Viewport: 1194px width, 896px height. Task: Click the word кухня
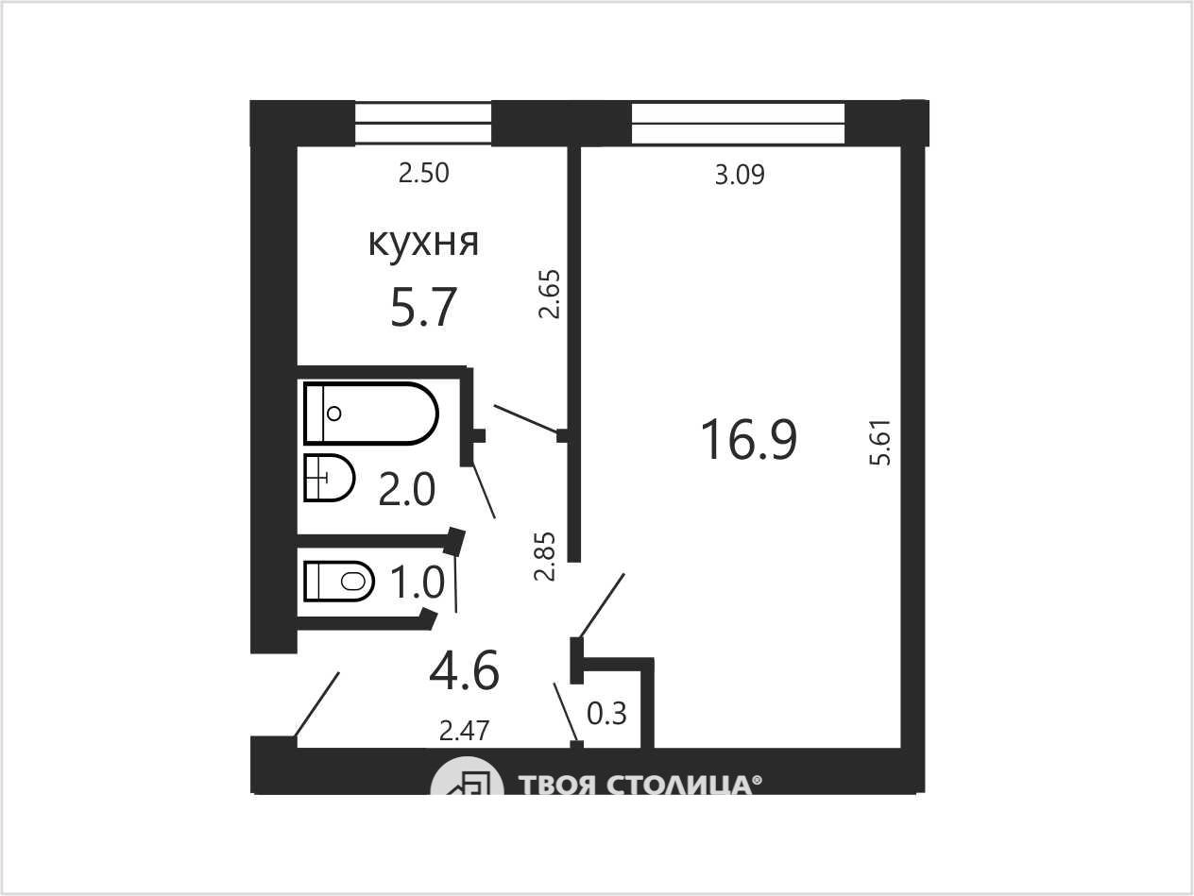(x=424, y=244)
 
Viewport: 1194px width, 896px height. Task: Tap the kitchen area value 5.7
(x=423, y=308)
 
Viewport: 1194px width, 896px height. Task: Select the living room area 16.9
(x=749, y=439)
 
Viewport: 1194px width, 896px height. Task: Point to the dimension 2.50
(x=424, y=174)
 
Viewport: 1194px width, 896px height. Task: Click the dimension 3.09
(x=740, y=175)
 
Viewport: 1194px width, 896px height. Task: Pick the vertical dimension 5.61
(x=880, y=442)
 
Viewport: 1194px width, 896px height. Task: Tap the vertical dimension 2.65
(x=548, y=294)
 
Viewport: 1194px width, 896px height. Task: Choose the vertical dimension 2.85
(x=545, y=556)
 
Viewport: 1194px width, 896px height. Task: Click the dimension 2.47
(x=465, y=731)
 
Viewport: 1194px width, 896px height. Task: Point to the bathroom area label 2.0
(x=407, y=489)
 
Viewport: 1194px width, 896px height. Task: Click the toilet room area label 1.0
(x=418, y=583)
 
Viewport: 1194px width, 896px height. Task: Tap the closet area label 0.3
(x=607, y=714)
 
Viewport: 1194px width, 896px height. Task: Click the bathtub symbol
(x=371, y=414)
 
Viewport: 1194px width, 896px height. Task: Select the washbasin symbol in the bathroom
(x=329, y=478)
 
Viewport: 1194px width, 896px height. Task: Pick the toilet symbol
(x=339, y=582)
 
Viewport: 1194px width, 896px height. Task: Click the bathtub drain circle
(x=334, y=414)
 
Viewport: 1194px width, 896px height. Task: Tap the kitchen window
(x=423, y=124)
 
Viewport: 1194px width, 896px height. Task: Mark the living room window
(x=738, y=124)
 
